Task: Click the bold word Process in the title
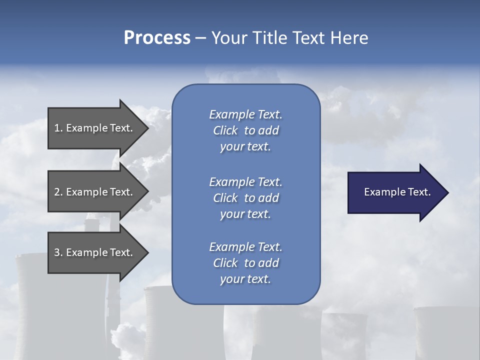click(x=157, y=38)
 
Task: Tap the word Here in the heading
click(x=348, y=38)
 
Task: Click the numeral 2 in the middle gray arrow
click(x=57, y=192)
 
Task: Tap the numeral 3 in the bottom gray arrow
click(x=57, y=252)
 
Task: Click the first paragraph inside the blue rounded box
click(x=245, y=130)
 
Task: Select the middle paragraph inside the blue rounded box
click(x=245, y=198)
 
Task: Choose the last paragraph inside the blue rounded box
click(x=245, y=263)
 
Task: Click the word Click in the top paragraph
click(x=225, y=130)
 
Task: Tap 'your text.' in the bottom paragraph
click(x=245, y=279)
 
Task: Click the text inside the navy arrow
click(x=397, y=192)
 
